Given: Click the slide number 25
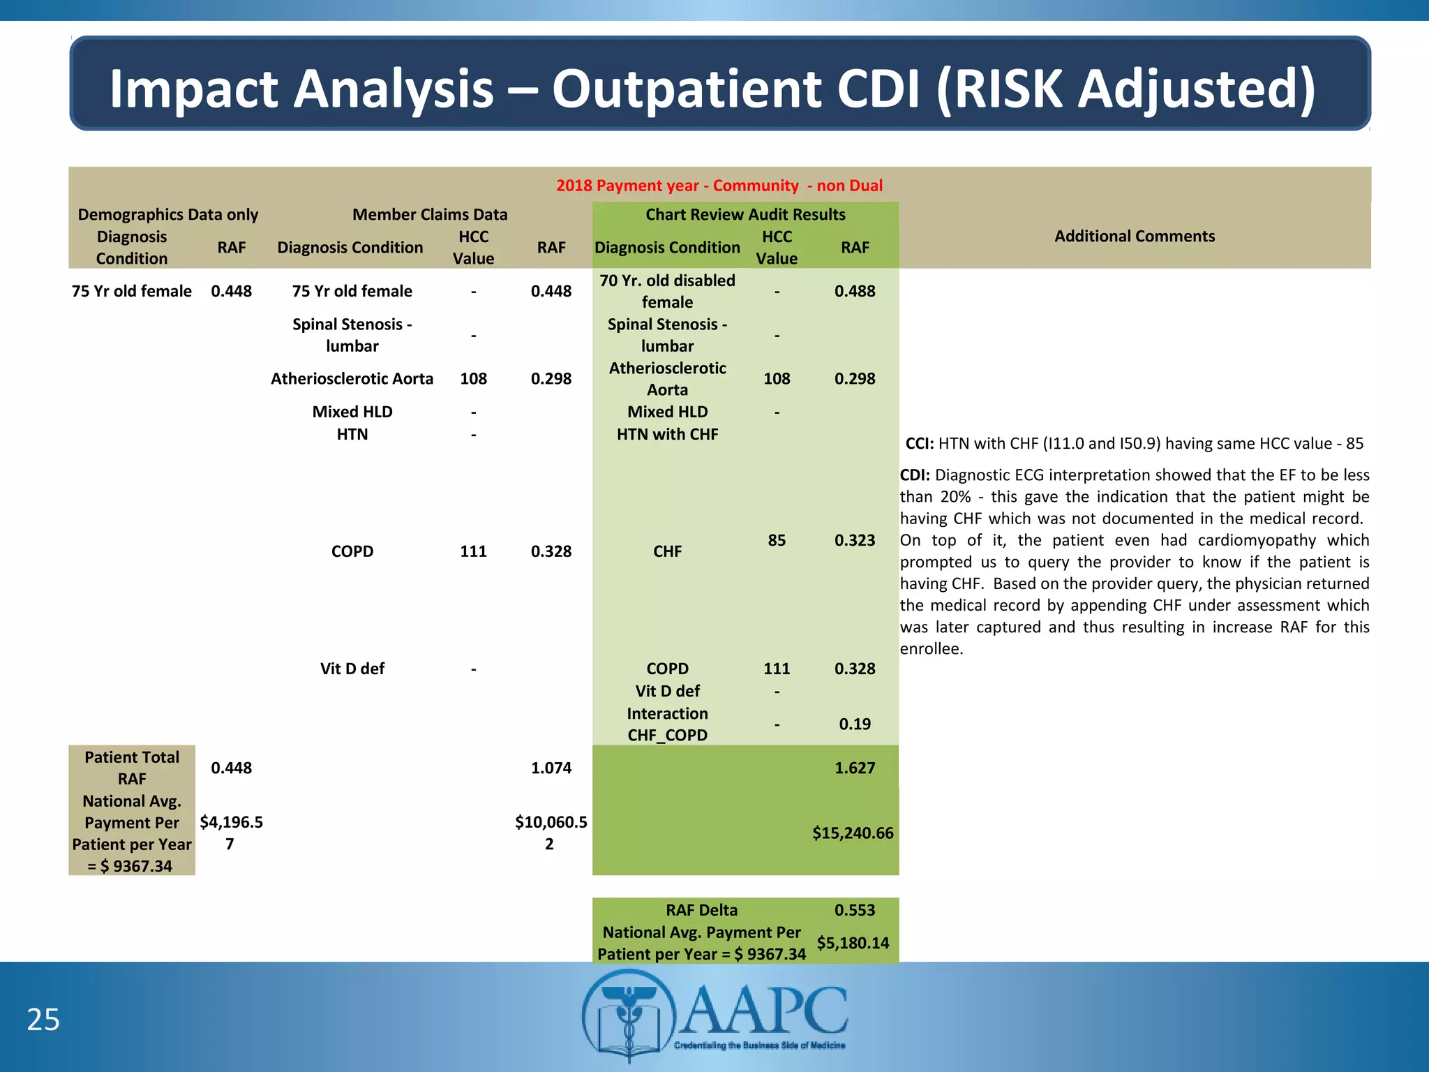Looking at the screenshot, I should [x=43, y=1020].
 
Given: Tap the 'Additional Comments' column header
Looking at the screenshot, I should [x=1135, y=236].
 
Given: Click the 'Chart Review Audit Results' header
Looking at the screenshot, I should [x=745, y=214].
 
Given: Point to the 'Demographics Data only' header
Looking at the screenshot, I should [x=167, y=214].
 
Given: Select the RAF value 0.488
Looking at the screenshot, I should [x=855, y=291].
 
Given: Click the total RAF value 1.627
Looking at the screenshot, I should [x=855, y=768].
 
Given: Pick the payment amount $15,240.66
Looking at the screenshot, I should [x=853, y=833].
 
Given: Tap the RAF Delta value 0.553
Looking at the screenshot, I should [x=855, y=910].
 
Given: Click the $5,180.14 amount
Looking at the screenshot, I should [x=853, y=943].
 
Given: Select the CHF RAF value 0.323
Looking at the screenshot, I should [x=855, y=540].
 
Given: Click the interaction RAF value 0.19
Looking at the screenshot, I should [x=855, y=724].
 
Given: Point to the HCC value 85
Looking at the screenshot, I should [x=777, y=540].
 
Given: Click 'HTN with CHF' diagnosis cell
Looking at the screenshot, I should [x=667, y=434].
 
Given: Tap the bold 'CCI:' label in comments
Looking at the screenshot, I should [x=919, y=444].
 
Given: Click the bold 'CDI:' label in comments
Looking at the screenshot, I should [x=915, y=475].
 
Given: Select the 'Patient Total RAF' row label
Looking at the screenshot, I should [x=132, y=768].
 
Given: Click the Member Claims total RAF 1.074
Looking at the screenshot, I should [x=551, y=768].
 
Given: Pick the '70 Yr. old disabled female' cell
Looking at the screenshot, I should [x=667, y=291].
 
